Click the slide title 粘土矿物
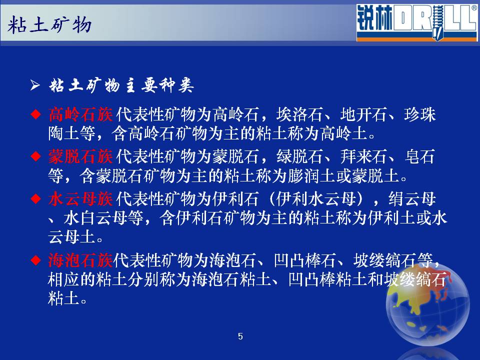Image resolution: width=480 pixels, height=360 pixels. [49, 25]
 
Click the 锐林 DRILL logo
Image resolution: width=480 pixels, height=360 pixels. [417, 22]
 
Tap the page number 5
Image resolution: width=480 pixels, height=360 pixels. [240, 336]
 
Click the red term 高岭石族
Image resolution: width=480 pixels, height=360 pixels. [80, 114]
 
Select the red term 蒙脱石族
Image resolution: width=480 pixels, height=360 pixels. [80, 156]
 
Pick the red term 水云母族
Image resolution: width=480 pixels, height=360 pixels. [80, 199]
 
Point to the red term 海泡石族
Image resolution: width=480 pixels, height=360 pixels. [80, 260]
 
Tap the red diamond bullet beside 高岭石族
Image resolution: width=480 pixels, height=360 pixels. [36, 114]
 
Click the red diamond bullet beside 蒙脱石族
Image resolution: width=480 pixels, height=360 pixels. [36, 156]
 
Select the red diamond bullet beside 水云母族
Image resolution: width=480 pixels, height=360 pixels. [36, 199]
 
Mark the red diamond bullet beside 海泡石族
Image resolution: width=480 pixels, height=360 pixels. [36, 260]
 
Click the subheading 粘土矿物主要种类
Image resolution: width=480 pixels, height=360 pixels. [121, 85]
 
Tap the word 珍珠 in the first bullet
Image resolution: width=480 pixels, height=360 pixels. [419, 114]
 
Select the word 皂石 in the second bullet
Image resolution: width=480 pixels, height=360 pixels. [419, 156]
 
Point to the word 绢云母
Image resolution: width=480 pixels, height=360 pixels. [412, 199]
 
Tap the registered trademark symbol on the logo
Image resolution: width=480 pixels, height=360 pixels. [474, 8]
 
